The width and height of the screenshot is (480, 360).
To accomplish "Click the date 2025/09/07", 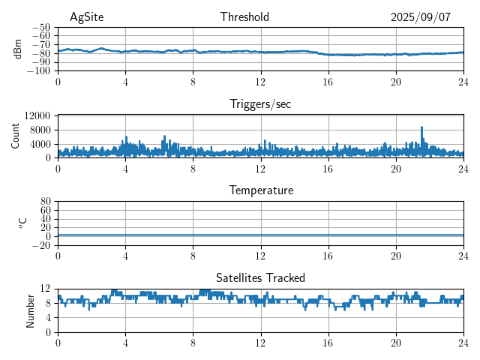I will (420, 17).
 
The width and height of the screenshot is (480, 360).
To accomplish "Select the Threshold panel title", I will (244, 17).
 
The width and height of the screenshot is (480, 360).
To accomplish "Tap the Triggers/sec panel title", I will (260, 104).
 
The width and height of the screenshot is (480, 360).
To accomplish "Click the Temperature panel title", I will (260, 190).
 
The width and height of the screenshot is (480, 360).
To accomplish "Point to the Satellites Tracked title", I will (260, 277).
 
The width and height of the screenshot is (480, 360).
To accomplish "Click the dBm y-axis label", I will (18, 49).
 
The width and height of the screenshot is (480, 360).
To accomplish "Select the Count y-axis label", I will (15, 136).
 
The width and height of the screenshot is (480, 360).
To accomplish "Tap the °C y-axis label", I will (22, 223).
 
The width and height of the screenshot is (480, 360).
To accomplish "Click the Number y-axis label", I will (30, 310).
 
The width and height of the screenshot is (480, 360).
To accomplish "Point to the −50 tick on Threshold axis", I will (40, 27).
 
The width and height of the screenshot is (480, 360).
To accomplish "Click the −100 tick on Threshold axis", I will (38, 71).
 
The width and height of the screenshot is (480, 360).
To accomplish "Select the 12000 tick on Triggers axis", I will (37, 116).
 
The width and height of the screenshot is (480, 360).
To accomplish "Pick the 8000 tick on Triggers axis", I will (40, 130).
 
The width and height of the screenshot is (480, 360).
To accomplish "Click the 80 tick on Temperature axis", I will (46, 202).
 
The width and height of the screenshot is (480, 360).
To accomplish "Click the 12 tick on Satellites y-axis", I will (46, 289).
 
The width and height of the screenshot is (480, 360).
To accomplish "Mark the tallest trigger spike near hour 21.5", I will (421, 127).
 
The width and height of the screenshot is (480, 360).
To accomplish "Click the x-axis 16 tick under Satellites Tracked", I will (328, 341).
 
